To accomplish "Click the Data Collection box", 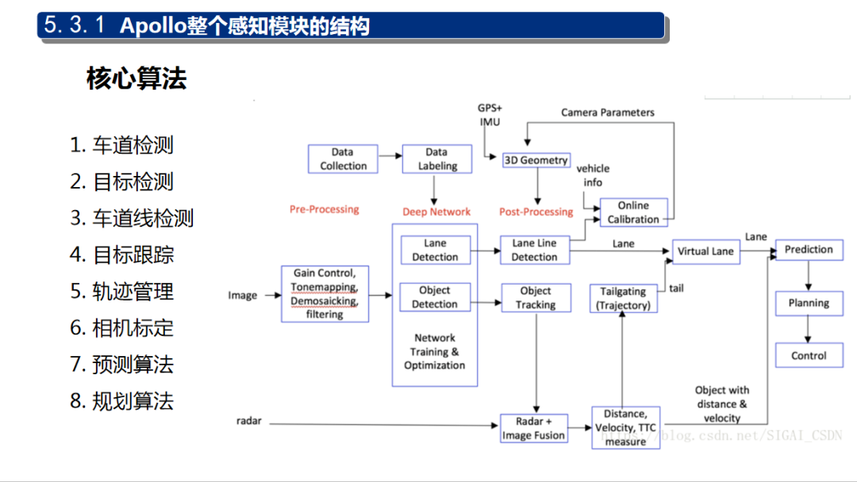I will (343, 159).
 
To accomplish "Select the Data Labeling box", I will (437, 159).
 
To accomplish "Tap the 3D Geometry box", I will (536, 160).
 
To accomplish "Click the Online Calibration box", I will (633, 212).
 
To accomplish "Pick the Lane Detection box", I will (435, 250).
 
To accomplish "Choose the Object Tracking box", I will (536, 297).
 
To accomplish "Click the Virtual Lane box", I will (705, 251).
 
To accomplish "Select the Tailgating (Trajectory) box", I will (623, 298).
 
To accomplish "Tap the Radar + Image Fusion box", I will (533, 428).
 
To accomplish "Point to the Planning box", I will (809, 303).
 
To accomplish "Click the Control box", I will (809, 355).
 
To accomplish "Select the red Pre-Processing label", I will (324, 209).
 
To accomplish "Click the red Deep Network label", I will (436, 212).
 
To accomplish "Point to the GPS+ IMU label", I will (490, 114).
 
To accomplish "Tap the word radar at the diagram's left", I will (248, 420).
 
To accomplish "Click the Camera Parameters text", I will (608, 113).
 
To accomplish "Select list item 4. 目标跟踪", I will (122, 255).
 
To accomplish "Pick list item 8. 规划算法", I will (122, 401).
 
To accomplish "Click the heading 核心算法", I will (136, 78).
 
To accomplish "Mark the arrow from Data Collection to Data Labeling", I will (390, 159).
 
